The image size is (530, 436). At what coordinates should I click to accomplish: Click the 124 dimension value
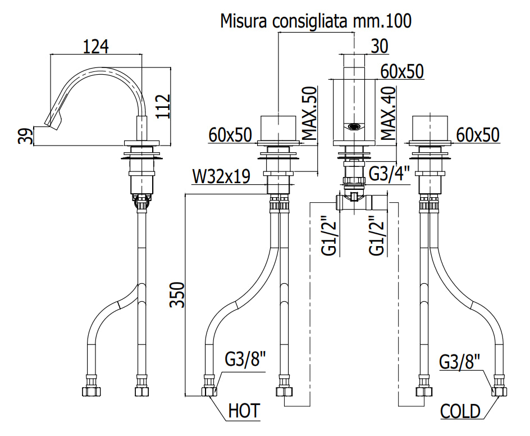(x=96, y=47)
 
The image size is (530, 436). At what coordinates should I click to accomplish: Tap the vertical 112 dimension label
(x=163, y=106)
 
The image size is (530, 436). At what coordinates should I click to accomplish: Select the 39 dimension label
(x=26, y=136)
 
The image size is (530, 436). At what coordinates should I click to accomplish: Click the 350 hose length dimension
(x=177, y=294)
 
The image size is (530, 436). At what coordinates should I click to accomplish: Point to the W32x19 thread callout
(x=221, y=176)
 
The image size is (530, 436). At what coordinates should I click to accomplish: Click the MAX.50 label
(x=309, y=113)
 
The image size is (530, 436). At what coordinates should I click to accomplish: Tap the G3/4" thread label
(x=389, y=174)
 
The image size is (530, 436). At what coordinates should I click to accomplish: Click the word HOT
(x=244, y=411)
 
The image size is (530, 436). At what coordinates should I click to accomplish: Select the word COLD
(x=460, y=411)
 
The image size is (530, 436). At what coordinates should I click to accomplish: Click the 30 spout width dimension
(x=380, y=46)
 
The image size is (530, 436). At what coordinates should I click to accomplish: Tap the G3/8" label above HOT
(x=246, y=359)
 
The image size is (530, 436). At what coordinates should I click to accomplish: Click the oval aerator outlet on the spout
(x=354, y=127)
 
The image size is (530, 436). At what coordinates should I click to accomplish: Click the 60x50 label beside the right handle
(x=478, y=135)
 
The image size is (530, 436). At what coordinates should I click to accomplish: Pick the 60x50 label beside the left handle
(x=230, y=135)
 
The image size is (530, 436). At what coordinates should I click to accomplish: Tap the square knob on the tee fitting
(x=354, y=197)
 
